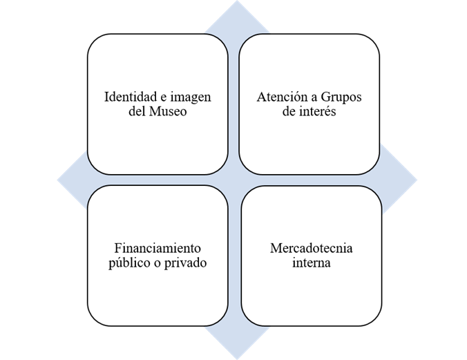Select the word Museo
[168, 111]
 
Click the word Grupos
[339, 97]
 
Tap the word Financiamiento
[158, 248]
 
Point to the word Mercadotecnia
[311, 248]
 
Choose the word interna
[311, 263]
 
